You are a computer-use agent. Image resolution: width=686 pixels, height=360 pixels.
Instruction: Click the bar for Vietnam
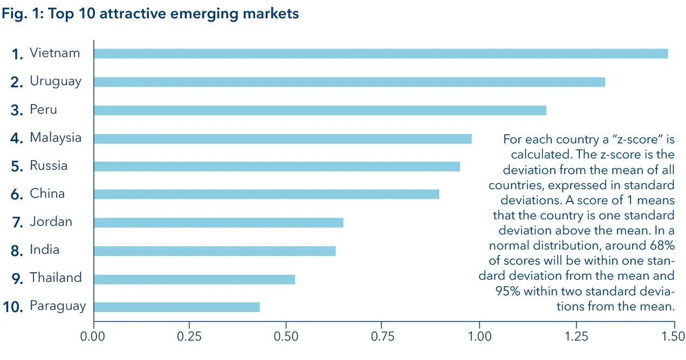click(380, 53)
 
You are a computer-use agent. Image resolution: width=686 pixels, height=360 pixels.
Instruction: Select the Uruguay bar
click(349, 82)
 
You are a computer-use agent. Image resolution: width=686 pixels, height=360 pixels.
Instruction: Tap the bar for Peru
click(319, 110)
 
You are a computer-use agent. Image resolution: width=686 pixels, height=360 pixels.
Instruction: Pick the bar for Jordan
click(218, 223)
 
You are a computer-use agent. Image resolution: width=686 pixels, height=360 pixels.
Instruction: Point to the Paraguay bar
click(176, 307)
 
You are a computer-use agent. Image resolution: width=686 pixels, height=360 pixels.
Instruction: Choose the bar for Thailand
click(194, 279)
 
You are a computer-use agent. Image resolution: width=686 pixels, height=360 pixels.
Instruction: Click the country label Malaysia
click(56, 137)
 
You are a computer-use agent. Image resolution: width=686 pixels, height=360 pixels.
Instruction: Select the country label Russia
click(49, 165)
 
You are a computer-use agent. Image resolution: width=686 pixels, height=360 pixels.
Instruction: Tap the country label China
click(47, 193)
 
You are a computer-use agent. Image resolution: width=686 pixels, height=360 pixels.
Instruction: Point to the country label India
click(44, 250)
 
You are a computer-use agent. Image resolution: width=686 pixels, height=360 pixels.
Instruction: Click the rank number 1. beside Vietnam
click(18, 54)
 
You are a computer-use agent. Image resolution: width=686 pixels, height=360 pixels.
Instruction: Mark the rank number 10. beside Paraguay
click(13, 307)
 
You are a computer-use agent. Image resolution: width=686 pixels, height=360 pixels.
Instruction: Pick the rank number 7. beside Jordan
click(17, 223)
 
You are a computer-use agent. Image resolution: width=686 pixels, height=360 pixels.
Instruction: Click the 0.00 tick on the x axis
click(94, 337)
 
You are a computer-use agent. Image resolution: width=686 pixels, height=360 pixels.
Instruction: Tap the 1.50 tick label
click(672, 337)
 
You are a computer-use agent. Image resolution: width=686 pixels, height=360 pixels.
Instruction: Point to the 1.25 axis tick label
click(575, 337)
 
